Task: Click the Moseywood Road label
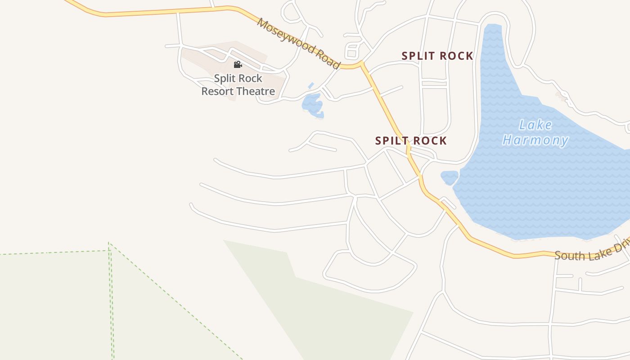[x=298, y=43]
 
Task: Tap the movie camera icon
[x=238, y=65]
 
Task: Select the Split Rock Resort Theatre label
[x=238, y=85]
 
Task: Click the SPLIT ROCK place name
[x=437, y=56]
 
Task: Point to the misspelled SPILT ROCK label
[x=411, y=140]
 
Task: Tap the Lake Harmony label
[x=535, y=132]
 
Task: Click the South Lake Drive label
[x=589, y=253]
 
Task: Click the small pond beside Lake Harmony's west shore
[x=449, y=178]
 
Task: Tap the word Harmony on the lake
[x=535, y=140]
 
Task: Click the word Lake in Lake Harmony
[x=535, y=125]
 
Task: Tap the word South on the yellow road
[x=569, y=255]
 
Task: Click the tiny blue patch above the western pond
[x=310, y=85]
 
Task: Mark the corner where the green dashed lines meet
[x=109, y=246]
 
